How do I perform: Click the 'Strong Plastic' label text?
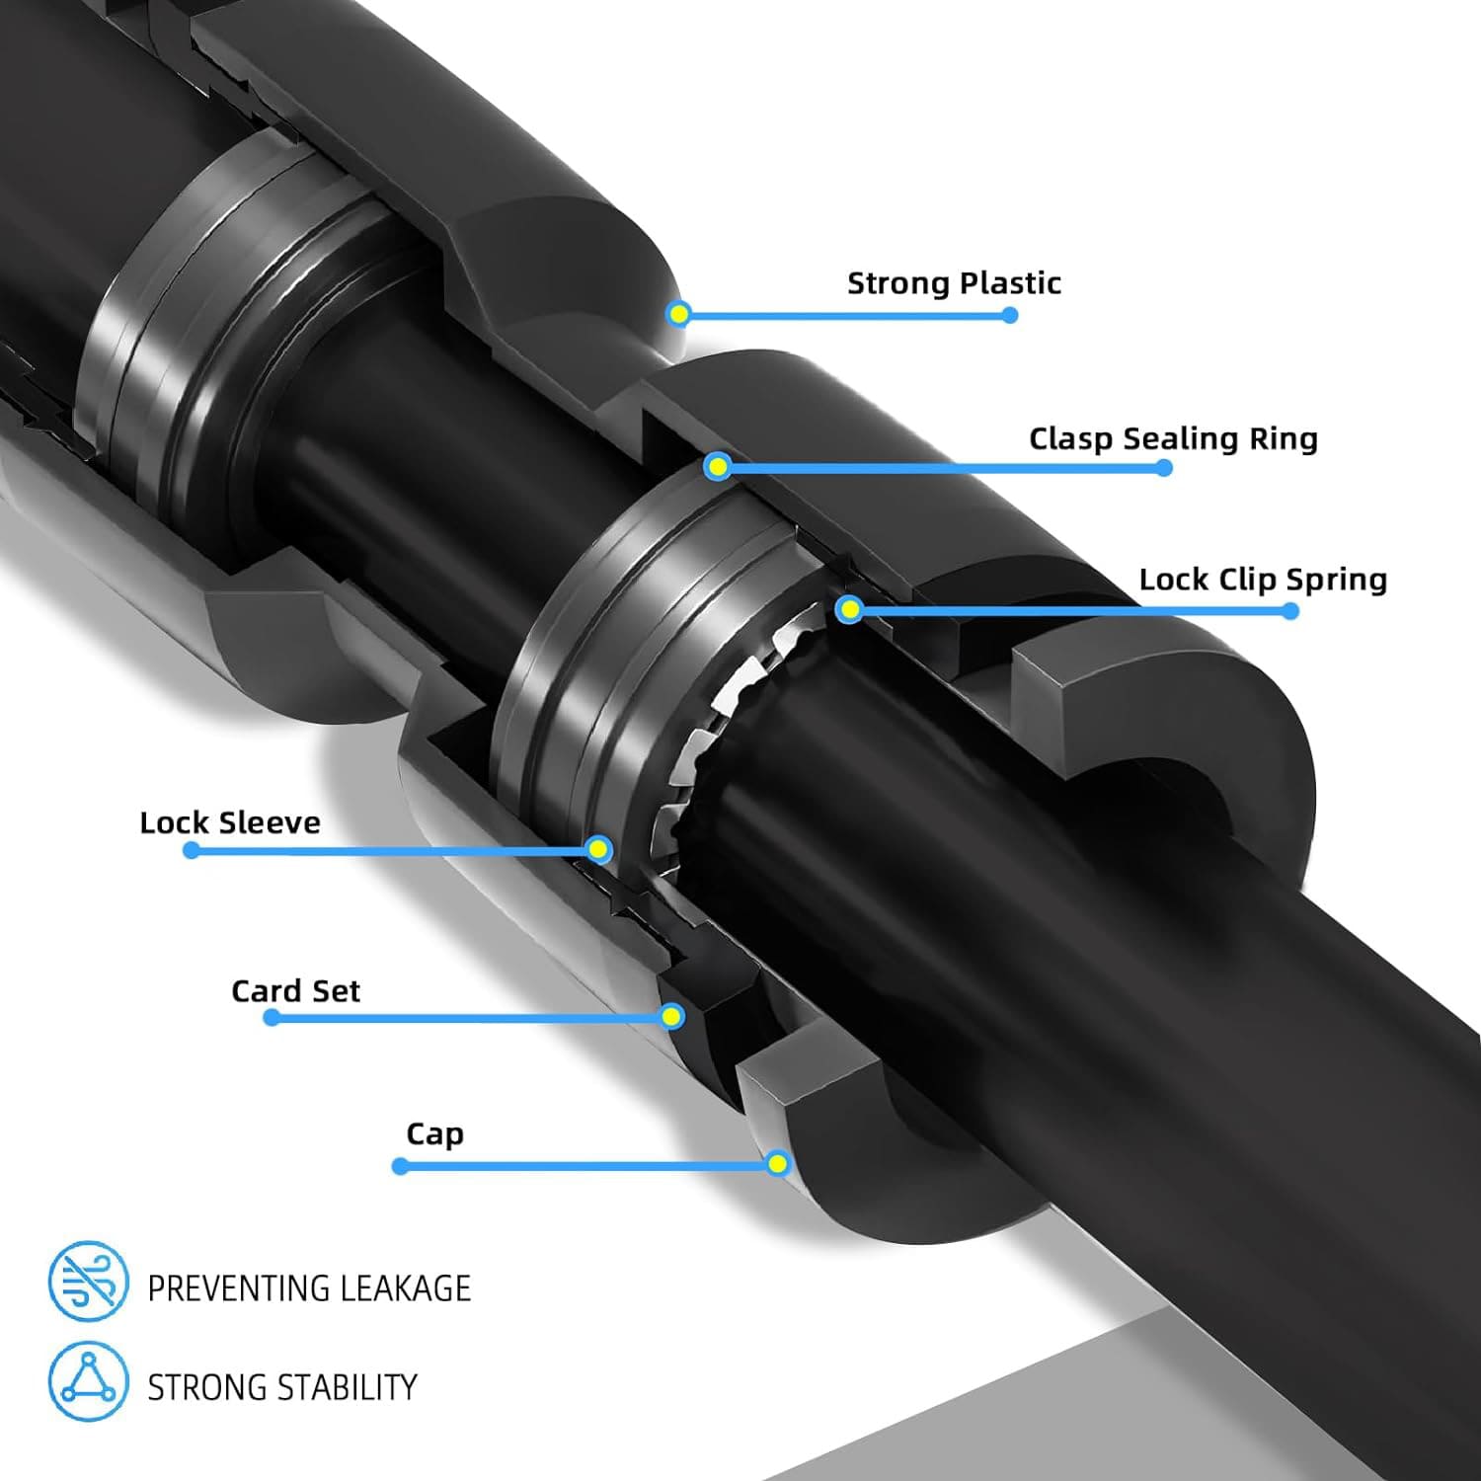(x=954, y=283)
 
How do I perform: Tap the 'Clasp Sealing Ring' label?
(x=1173, y=438)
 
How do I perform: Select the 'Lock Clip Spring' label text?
(x=1263, y=580)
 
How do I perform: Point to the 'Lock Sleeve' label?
(x=230, y=822)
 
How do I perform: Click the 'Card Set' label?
(x=295, y=990)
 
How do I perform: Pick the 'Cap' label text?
(x=434, y=1134)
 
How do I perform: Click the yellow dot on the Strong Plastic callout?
(x=678, y=314)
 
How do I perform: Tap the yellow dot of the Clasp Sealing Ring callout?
(x=719, y=466)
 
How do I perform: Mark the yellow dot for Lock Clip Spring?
(x=849, y=610)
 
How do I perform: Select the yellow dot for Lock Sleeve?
(x=598, y=849)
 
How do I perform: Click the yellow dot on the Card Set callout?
(x=672, y=1016)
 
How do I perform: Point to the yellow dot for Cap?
(x=778, y=1163)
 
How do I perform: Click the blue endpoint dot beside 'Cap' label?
(x=400, y=1166)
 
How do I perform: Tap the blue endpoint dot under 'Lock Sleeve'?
(x=192, y=850)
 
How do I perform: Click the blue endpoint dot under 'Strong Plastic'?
(x=1009, y=315)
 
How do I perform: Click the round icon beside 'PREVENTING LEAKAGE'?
(x=89, y=1282)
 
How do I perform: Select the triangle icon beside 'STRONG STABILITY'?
(x=89, y=1381)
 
